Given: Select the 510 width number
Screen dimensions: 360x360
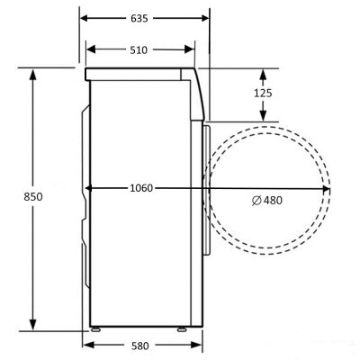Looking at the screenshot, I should tap(138, 49).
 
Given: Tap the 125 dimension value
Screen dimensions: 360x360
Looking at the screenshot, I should tap(264, 93).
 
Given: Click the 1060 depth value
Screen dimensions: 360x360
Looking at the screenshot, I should tap(140, 188).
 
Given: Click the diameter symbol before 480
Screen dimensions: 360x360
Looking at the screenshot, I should tap(256, 199).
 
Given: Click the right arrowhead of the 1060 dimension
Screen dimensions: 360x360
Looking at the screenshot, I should tap(325, 188).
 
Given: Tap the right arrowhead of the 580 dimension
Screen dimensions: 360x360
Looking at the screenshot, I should tap(196, 345).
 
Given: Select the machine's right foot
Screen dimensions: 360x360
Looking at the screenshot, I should tap(183, 331).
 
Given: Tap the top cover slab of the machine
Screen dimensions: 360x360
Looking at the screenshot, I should tap(139, 74).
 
